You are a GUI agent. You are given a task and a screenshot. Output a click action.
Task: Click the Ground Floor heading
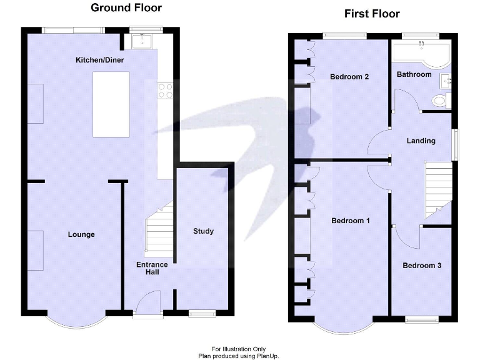coord(126,8)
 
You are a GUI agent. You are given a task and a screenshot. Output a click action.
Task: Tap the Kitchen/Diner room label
coord(99,60)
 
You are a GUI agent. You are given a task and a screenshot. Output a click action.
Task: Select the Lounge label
coord(81,234)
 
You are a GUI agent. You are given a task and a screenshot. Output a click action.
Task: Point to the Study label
coord(203,231)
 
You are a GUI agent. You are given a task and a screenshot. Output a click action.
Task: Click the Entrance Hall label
coord(152,269)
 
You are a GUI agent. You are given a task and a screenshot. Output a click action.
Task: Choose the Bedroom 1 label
coord(351,221)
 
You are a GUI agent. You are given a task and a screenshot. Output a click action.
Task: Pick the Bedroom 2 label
coord(349,77)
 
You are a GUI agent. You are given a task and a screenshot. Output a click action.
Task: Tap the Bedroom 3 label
coord(422,265)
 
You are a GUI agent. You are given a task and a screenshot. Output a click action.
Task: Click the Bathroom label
coord(414,74)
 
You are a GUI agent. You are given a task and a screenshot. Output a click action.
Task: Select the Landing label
coord(421,141)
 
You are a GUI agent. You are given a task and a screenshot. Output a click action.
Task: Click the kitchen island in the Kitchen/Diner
coord(111,104)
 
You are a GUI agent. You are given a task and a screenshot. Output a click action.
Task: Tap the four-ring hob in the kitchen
coord(166,91)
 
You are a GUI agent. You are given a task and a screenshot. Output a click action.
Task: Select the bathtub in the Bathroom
coord(422,53)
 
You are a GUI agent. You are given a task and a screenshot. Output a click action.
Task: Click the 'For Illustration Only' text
coord(238,349)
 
